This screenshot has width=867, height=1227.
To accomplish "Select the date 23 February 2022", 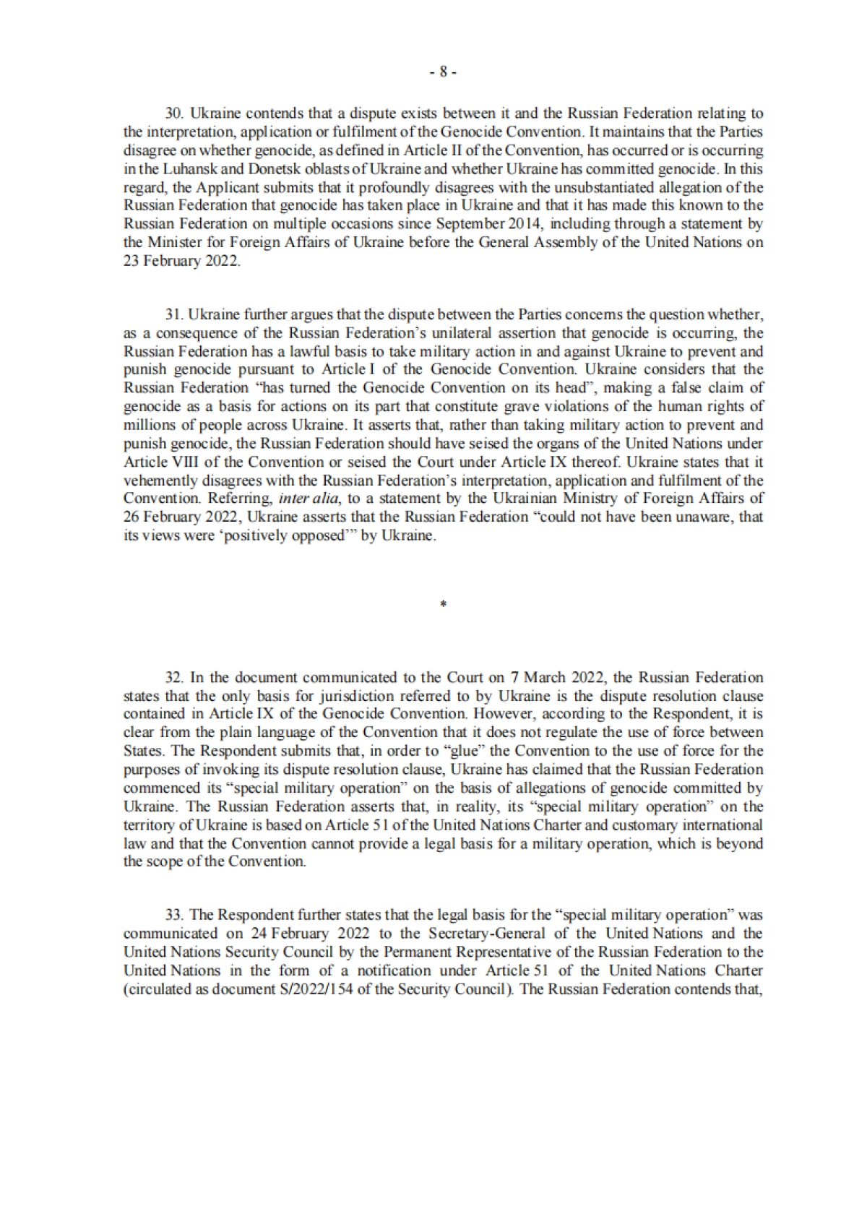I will coord(181,261).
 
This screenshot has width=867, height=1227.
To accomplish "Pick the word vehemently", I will coord(158,481).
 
